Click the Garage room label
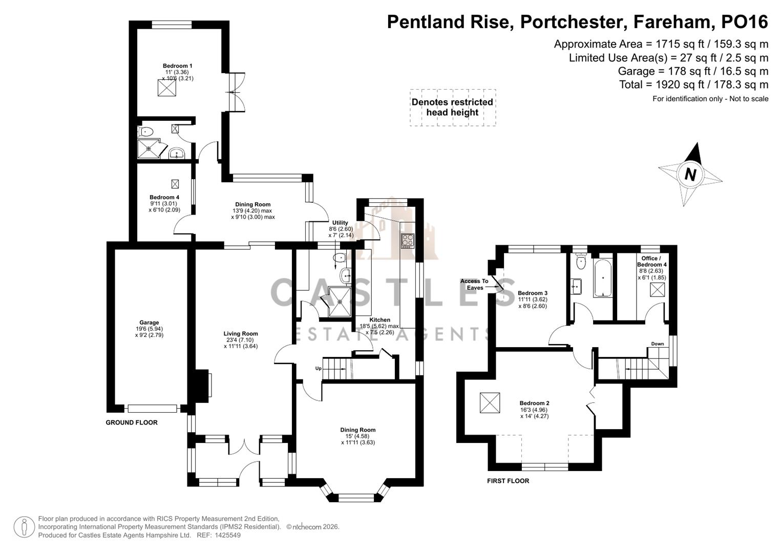click(x=150, y=323)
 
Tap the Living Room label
click(x=241, y=333)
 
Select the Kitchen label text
click(x=379, y=320)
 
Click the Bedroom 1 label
click(x=177, y=66)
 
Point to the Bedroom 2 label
click(x=534, y=403)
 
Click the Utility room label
click(x=340, y=223)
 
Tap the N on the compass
click(x=690, y=175)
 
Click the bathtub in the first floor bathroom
click(x=603, y=278)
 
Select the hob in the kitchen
click(x=408, y=241)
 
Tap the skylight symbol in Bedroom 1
click(x=166, y=89)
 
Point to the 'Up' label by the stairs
click(x=318, y=368)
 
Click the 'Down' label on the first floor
click(x=657, y=344)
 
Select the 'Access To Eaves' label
click(x=474, y=284)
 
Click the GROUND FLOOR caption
click(x=132, y=422)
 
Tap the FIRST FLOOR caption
click(x=508, y=481)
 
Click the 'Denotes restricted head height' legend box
click(x=452, y=108)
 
